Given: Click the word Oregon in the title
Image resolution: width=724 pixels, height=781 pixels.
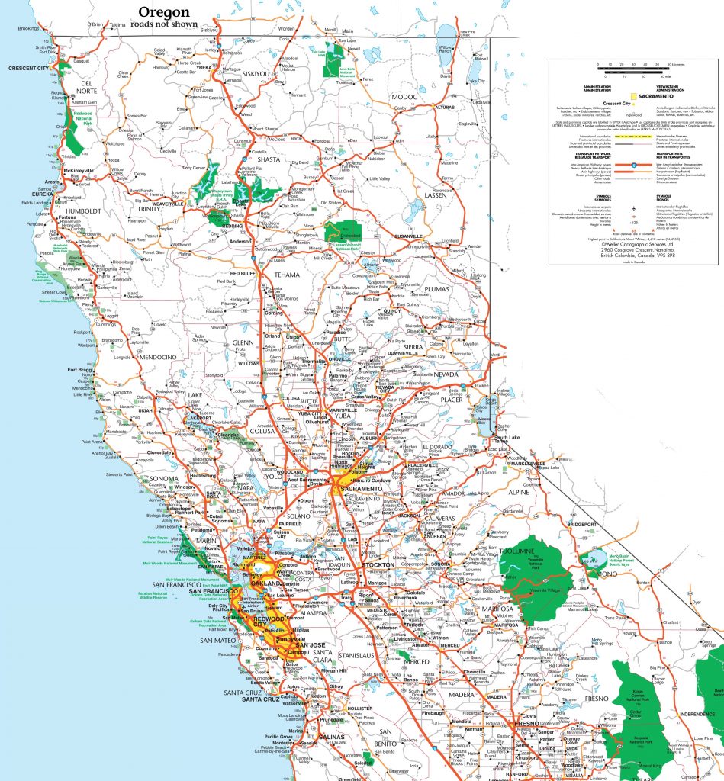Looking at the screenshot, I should point(163,12).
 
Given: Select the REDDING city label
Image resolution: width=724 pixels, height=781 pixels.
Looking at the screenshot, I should point(231,227).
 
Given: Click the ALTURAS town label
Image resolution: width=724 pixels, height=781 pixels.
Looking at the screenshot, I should point(444,108).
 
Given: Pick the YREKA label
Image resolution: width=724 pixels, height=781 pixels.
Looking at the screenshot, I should point(204,67).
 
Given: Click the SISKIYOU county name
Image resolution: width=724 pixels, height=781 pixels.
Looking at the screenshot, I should point(262,74).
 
